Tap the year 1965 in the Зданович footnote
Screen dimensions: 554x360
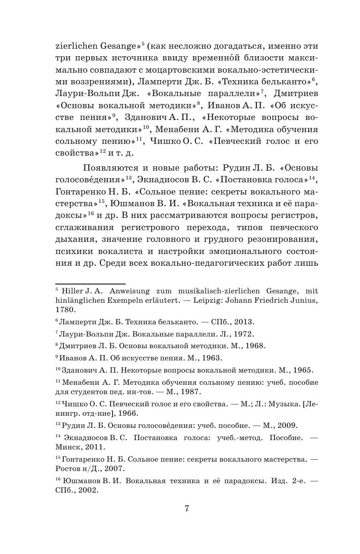click(x=303, y=370)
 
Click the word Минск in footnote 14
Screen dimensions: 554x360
click(x=67, y=447)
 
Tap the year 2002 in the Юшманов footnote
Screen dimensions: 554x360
click(x=87, y=489)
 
